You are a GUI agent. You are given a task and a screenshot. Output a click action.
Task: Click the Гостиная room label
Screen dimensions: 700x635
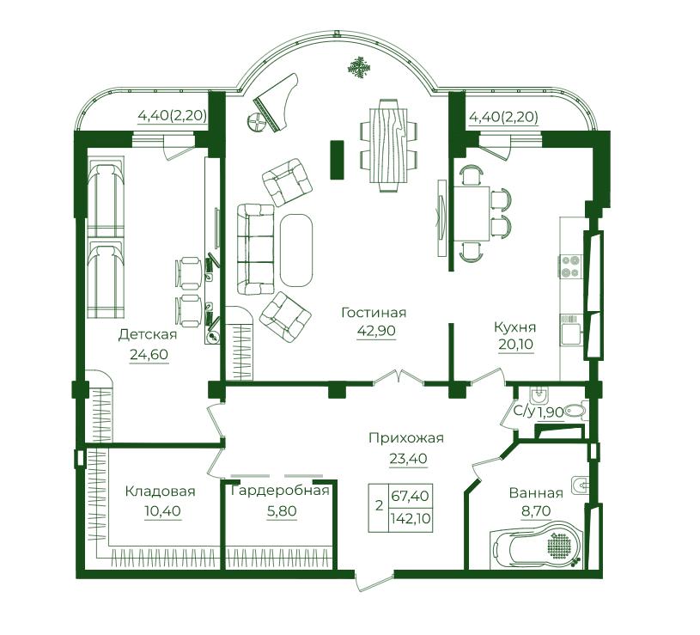click(x=374, y=312)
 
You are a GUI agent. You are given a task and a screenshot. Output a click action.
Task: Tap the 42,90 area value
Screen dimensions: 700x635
click(x=376, y=331)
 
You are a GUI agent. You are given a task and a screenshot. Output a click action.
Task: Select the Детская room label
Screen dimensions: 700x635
click(x=148, y=334)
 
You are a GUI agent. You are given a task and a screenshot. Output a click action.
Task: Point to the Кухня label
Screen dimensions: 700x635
click(x=514, y=327)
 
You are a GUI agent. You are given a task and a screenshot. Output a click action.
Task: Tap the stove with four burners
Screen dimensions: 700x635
click(x=570, y=266)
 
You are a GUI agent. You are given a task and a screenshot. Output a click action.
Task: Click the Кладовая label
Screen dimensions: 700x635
click(x=161, y=492)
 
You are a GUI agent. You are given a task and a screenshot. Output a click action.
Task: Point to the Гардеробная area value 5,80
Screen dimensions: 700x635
click(x=282, y=510)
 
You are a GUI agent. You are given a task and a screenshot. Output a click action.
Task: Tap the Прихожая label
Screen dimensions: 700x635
click(x=406, y=438)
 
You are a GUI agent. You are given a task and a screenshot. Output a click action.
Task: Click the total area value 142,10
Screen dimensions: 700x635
click(x=411, y=518)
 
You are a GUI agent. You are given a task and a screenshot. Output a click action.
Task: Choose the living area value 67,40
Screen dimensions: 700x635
click(x=411, y=496)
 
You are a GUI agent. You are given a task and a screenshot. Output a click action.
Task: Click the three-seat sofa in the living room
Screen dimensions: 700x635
click(x=255, y=250)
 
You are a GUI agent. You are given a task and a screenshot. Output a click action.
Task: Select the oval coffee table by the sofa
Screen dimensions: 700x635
click(x=296, y=250)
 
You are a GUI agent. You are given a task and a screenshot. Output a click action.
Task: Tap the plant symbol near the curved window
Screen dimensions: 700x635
click(x=359, y=68)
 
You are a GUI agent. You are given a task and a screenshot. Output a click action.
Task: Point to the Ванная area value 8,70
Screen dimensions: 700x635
click(x=536, y=510)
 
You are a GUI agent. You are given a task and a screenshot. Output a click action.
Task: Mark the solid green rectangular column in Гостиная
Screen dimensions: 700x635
click(x=337, y=160)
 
